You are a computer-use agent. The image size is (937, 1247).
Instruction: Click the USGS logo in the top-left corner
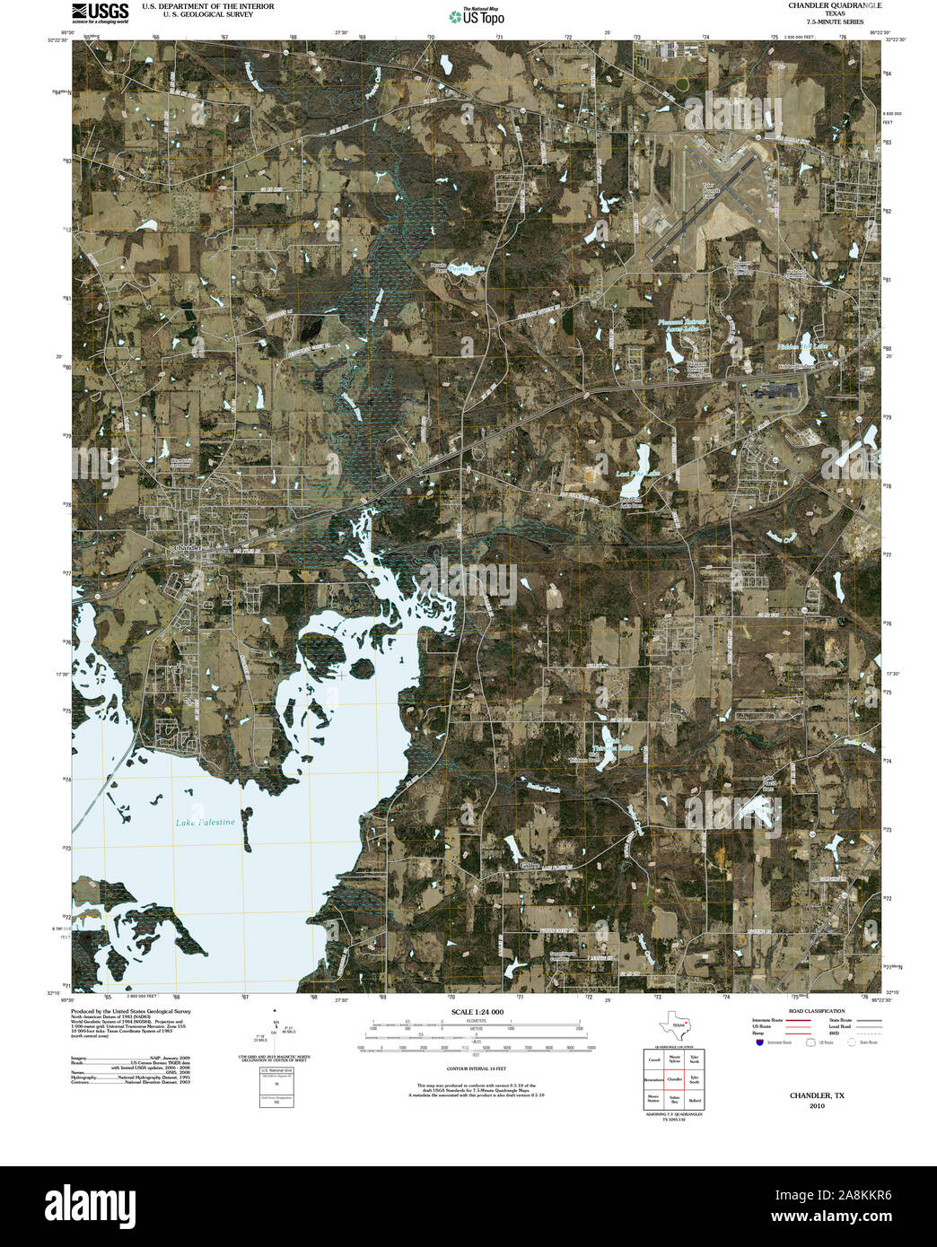point(101,12)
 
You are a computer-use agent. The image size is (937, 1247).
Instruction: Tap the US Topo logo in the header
point(477,16)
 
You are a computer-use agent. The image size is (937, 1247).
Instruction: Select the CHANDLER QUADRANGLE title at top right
point(821,5)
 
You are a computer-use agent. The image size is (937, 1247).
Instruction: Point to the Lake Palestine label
point(206,822)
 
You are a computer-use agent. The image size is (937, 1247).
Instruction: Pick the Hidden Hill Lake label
point(802,345)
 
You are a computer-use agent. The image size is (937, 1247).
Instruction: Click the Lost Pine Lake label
point(638,474)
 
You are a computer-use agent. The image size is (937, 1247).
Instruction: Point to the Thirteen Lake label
point(612,747)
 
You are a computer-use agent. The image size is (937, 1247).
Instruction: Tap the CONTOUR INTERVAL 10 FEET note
point(476,1069)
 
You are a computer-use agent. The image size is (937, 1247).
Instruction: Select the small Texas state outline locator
point(675,1025)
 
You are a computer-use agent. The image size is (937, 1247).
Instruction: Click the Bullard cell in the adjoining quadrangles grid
point(695,1100)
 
